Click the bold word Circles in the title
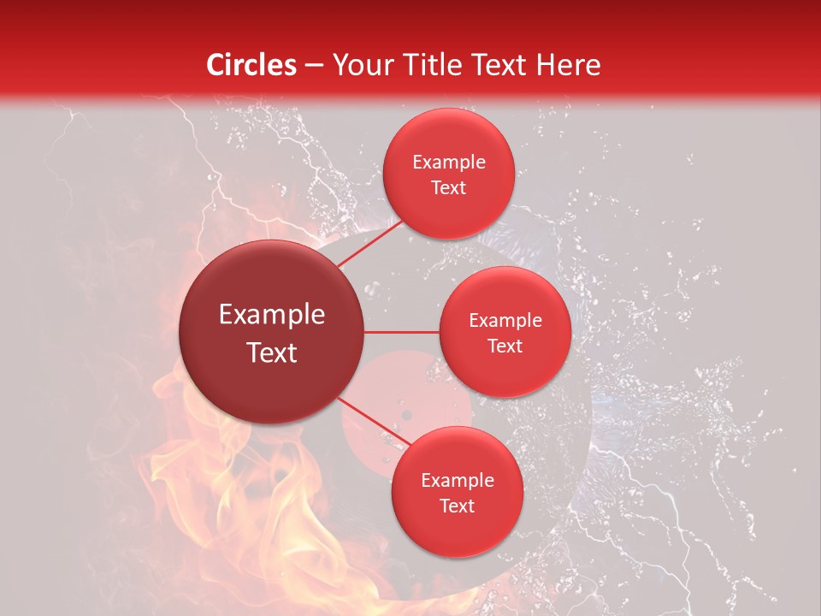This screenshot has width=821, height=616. coord(251,65)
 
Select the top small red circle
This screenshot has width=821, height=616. coord(448,174)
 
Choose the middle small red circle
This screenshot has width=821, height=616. coord(505,332)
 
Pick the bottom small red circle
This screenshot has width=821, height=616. coord(457,492)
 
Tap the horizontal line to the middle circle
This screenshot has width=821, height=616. coord(402,332)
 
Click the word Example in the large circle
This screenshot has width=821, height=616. coord(272,315)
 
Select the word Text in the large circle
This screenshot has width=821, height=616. coord(272,352)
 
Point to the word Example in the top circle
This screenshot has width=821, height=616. coord(448,162)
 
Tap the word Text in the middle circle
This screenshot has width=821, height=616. coord(505,346)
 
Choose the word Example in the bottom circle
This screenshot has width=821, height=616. coord(457,480)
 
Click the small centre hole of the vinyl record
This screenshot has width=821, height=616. coord(406,416)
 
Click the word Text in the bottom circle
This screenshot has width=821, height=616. coord(457,506)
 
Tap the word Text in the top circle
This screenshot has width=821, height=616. coord(448,187)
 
